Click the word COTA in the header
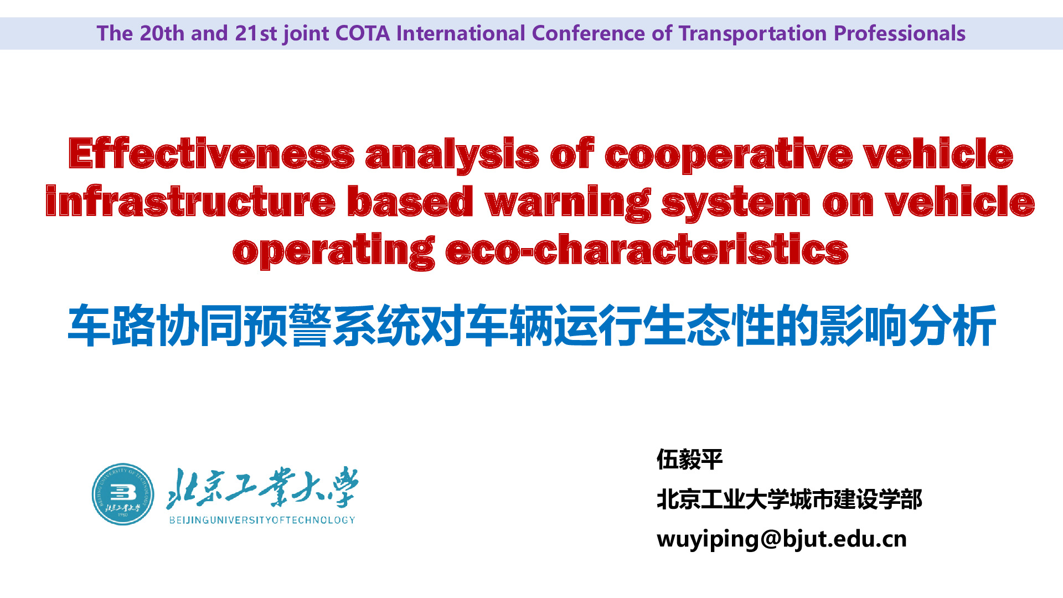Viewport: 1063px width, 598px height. click(363, 33)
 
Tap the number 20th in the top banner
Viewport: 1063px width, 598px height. click(162, 33)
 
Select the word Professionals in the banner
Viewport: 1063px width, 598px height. click(900, 33)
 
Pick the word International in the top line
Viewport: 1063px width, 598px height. click(461, 33)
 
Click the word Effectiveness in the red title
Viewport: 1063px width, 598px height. click(211, 153)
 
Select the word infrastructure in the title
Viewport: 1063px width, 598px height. click(190, 201)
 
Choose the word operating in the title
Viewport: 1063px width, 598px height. click(333, 251)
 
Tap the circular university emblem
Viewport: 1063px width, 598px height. click(123, 494)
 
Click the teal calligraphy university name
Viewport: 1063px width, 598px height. click(262, 487)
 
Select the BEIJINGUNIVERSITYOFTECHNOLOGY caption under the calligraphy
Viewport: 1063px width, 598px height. click(262, 520)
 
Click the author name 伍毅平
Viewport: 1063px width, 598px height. click(689, 460)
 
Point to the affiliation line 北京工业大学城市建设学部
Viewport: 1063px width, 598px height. click(789, 499)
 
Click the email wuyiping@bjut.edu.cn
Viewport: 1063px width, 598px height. click(782, 539)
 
